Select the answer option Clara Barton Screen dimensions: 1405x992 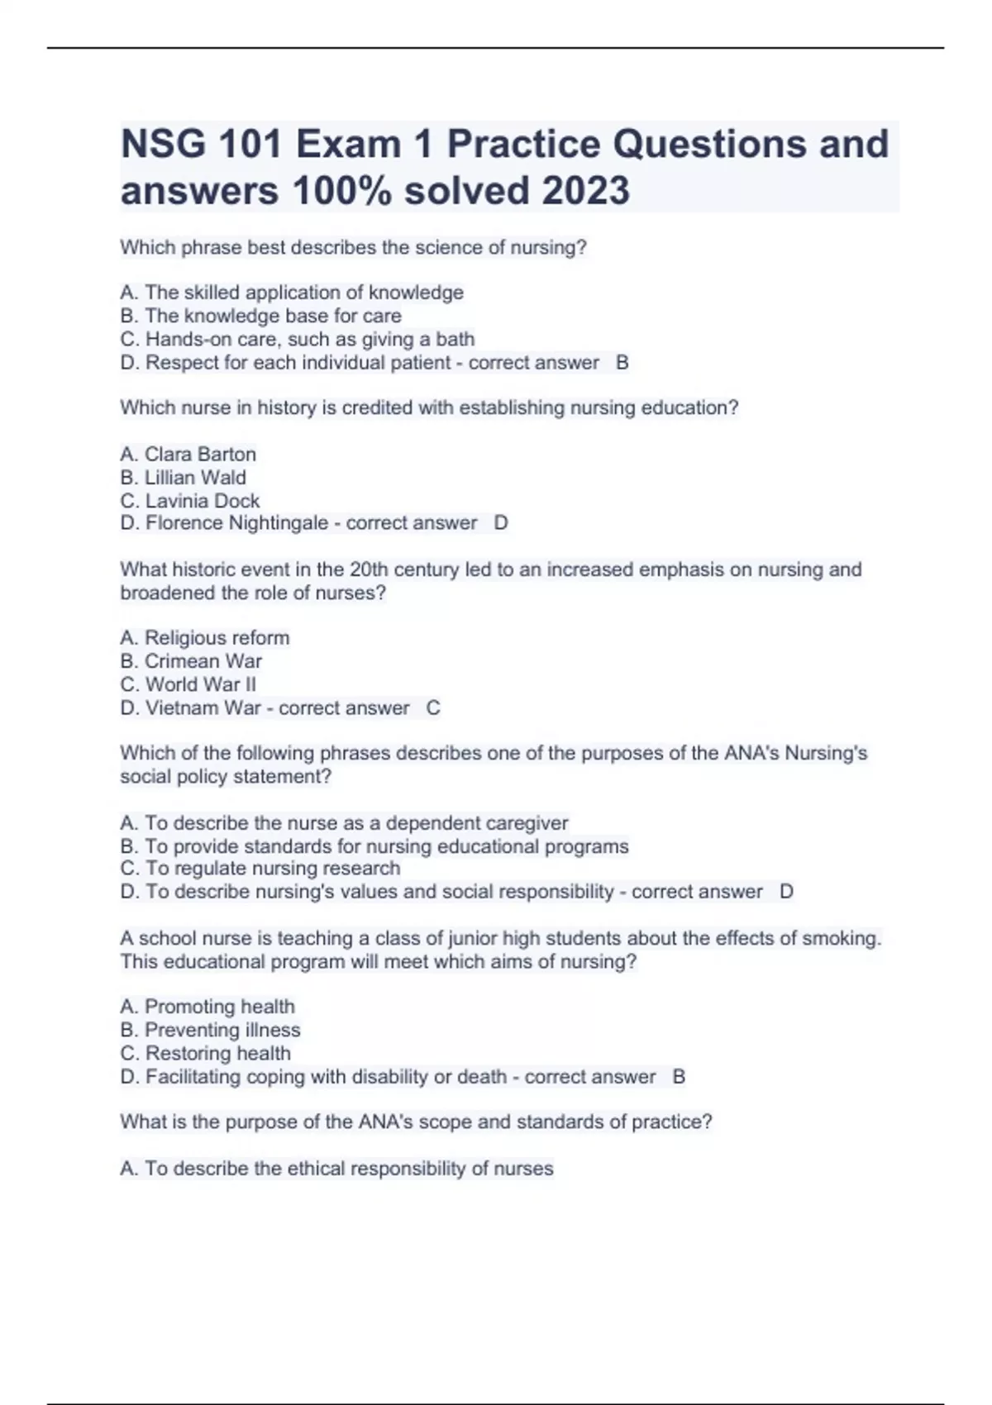(200, 454)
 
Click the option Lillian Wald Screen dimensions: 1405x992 (195, 477)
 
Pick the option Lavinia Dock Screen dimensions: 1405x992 (203, 500)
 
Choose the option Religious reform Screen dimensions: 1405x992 (217, 637)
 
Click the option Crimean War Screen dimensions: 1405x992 (203, 661)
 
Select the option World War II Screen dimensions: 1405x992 (201, 684)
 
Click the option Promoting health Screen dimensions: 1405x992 (219, 1006)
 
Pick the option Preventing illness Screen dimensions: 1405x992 (222, 1030)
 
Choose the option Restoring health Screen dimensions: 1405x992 (218, 1053)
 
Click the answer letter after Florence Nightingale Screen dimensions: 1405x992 (501, 523)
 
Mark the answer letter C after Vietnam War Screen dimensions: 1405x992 (433, 707)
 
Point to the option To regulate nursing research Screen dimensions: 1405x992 (273, 868)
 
